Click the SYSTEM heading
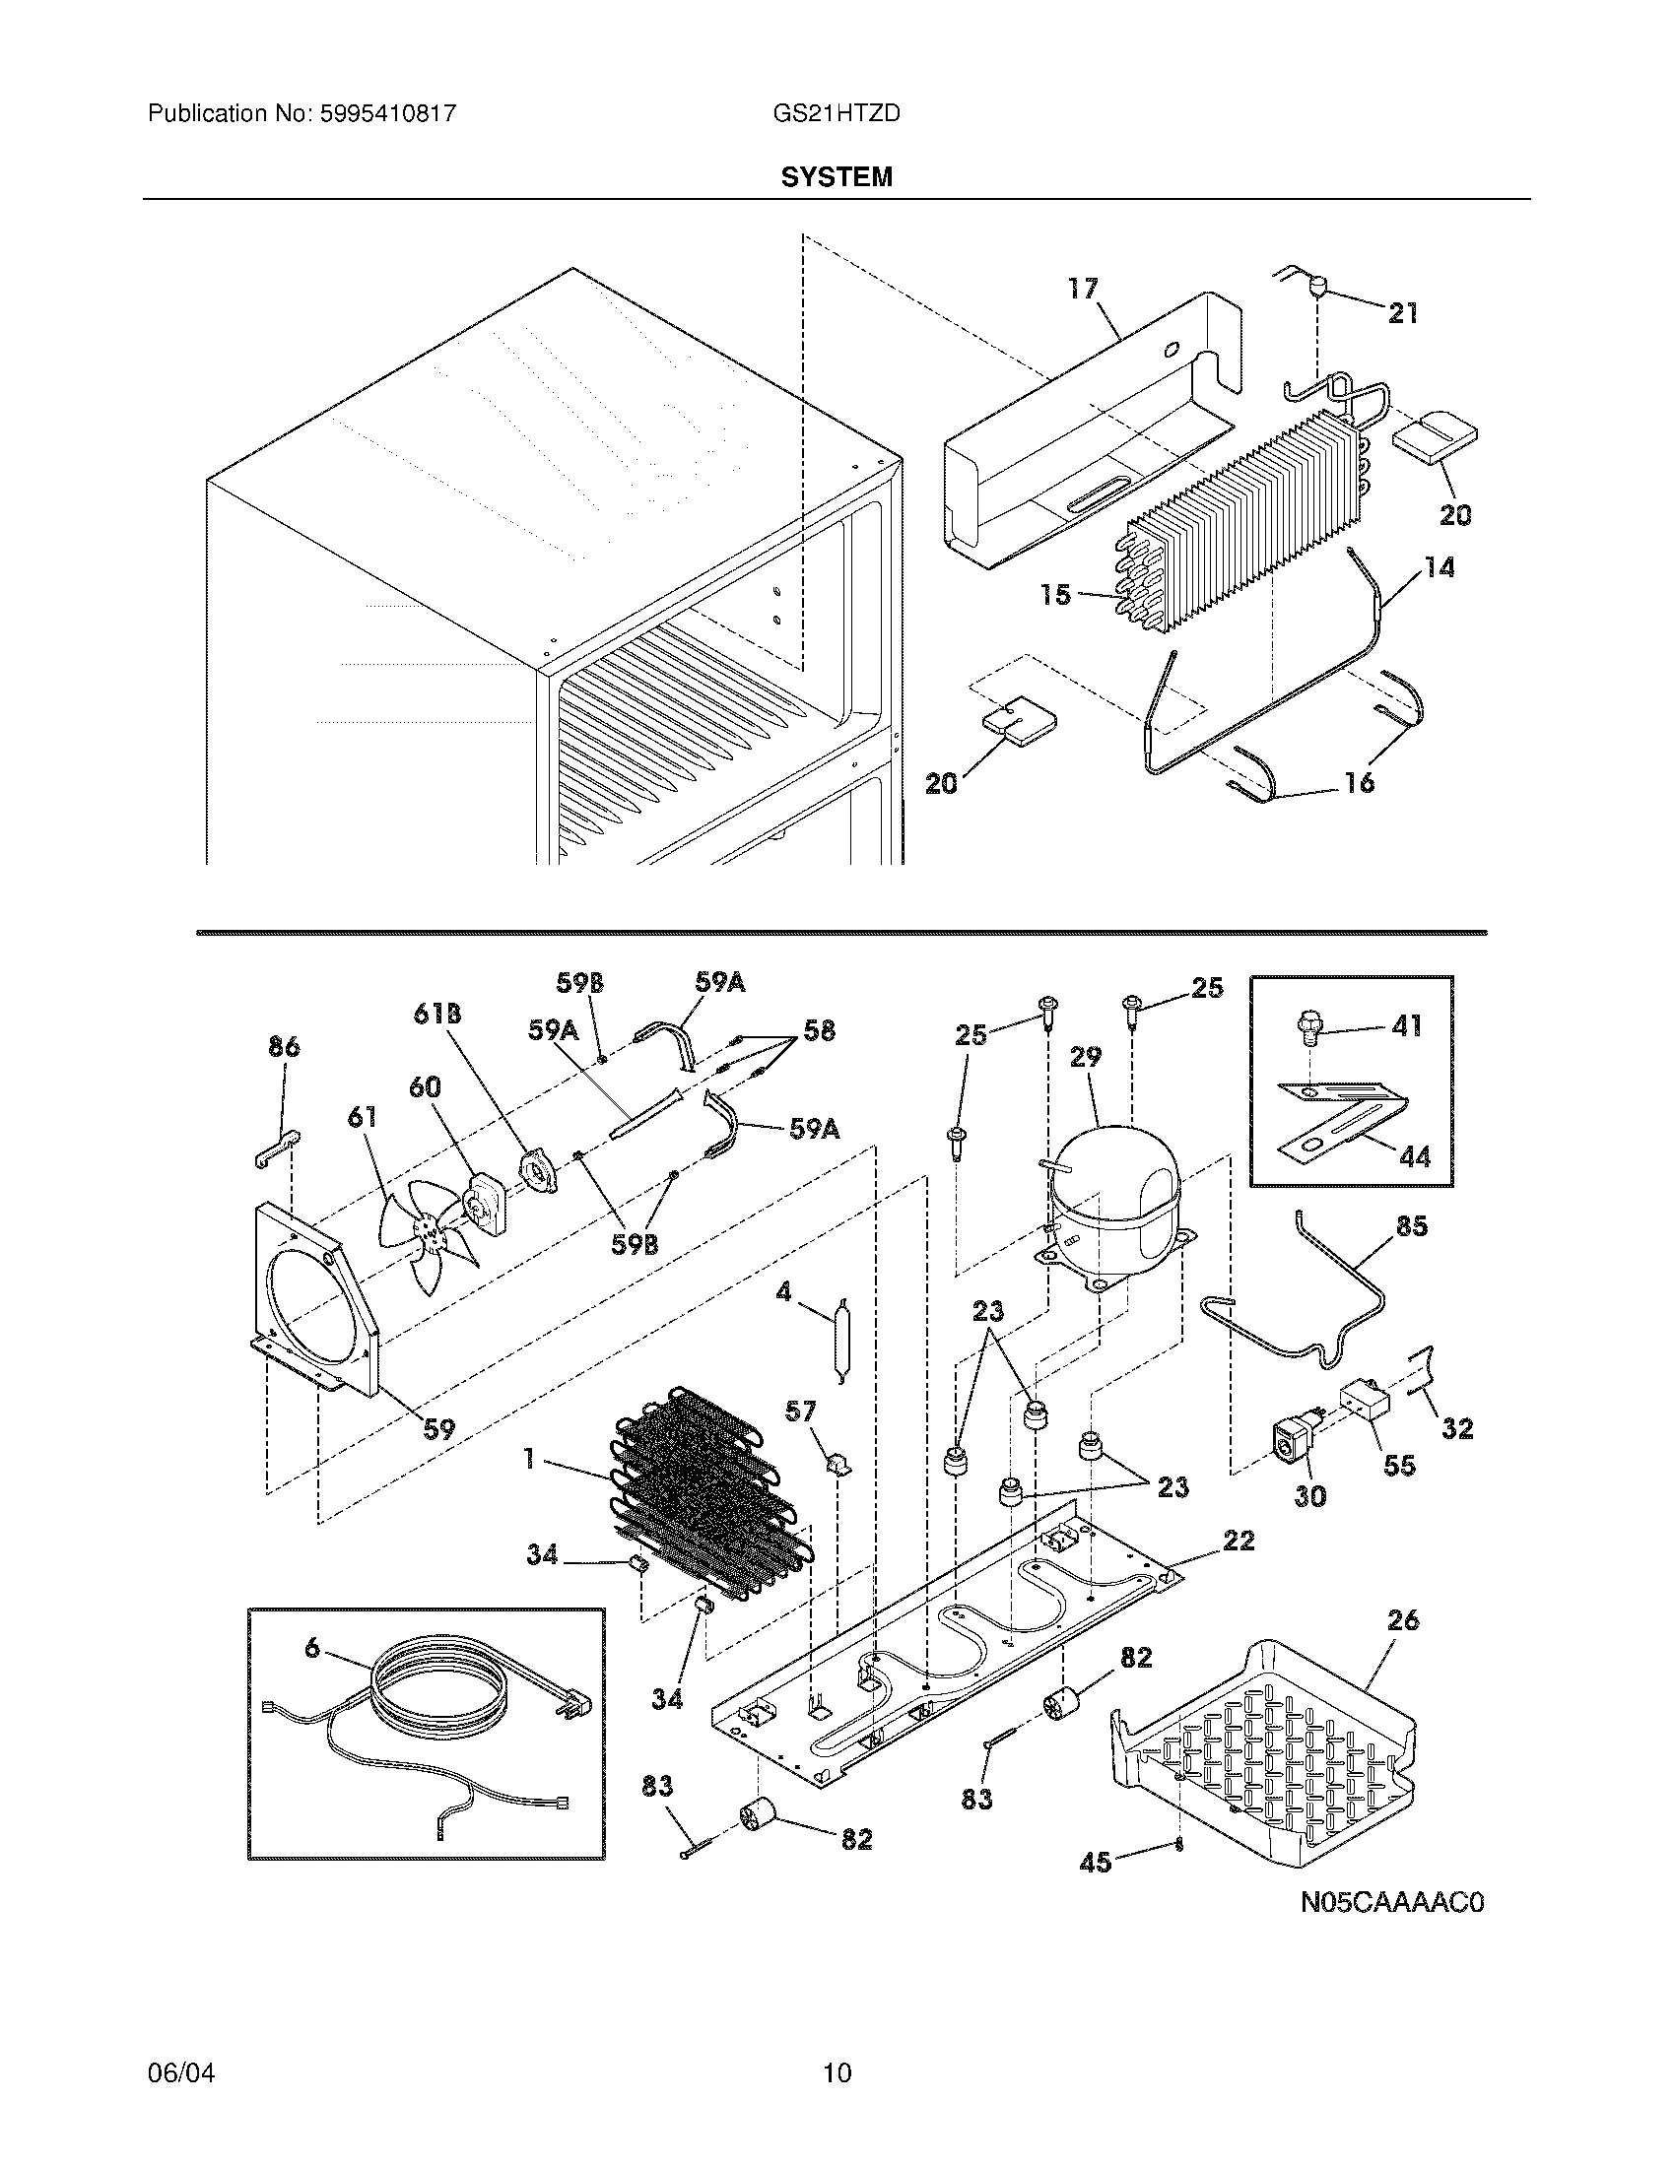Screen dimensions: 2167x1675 click(836, 177)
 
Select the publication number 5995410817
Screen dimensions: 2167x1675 click(387, 114)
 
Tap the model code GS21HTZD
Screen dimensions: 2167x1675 click(836, 114)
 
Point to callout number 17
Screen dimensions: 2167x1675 click(1083, 289)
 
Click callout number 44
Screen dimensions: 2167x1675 click(1414, 1156)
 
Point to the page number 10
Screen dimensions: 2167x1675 click(837, 2072)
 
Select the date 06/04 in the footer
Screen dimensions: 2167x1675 click(180, 2072)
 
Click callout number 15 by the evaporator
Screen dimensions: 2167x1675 click(1056, 594)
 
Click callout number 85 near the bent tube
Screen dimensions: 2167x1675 click(1411, 1226)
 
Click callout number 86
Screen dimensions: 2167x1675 click(284, 1047)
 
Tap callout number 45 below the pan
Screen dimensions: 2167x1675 click(1096, 1863)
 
